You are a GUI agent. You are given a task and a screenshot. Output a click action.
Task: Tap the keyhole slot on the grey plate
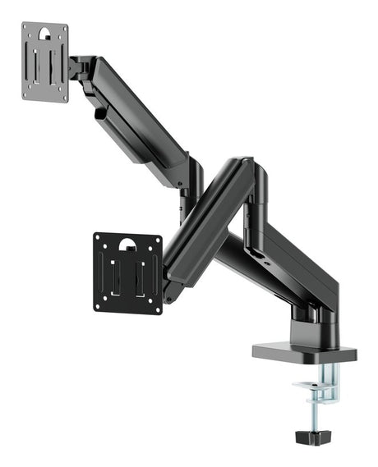[46, 34]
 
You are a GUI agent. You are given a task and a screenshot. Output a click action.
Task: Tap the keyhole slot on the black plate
[127, 244]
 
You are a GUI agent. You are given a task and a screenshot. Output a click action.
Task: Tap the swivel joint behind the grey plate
[78, 67]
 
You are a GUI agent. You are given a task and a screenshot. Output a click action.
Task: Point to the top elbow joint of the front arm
[247, 172]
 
